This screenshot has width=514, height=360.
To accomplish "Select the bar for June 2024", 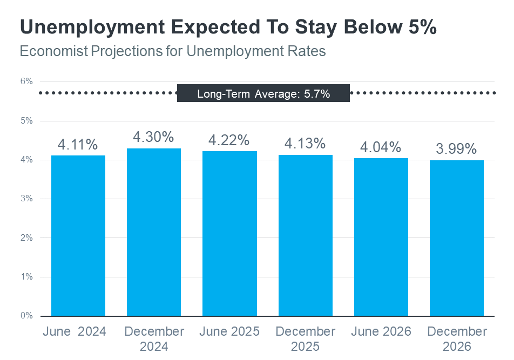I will click(78, 235).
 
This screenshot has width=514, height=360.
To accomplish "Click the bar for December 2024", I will click(154, 232).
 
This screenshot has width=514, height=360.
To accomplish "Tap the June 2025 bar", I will click(229, 233).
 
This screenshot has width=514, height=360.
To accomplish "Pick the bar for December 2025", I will click(306, 235).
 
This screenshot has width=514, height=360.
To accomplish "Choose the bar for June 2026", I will click(381, 237).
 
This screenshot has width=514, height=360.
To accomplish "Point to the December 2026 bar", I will click(457, 238).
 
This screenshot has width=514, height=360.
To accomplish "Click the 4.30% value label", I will click(154, 137).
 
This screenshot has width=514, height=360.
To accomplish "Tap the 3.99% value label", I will click(457, 149).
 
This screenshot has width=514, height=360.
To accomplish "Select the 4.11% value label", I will click(78, 145).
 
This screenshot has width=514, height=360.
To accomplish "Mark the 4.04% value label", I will click(381, 147).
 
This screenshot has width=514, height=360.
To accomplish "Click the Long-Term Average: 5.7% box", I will click(263, 93).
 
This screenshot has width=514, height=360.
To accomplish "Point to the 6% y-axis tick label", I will click(27, 81).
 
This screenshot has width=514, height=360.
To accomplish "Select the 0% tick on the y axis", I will click(27, 316).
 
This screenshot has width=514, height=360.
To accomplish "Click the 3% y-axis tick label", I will click(27, 199).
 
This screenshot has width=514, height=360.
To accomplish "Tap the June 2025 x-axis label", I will click(229, 331).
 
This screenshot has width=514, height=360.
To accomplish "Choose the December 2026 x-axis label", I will click(457, 339).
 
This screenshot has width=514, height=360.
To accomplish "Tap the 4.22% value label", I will click(229, 140).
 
